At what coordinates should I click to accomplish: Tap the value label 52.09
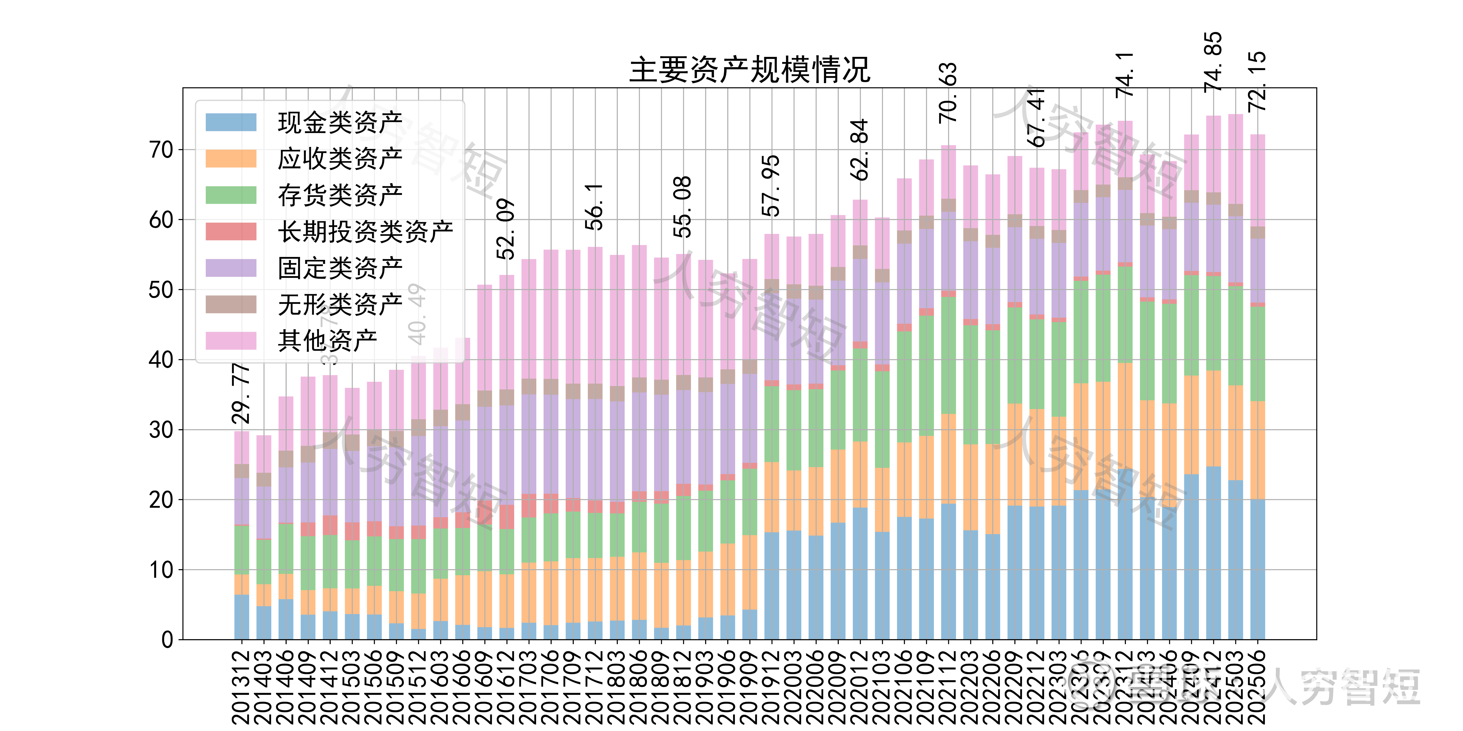point(506,229)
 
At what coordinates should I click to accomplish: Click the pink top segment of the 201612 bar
point(506,332)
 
